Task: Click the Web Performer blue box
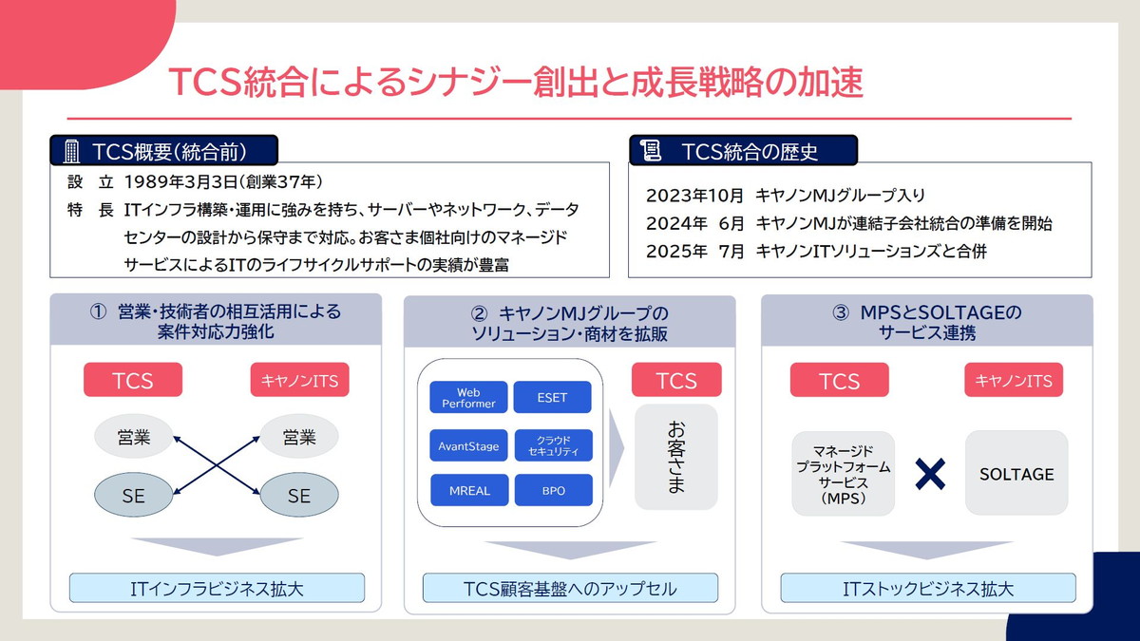[468, 398]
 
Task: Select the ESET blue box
[552, 398]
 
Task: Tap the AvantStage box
[468, 446]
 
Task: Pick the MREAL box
[468, 491]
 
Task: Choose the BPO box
[552, 491]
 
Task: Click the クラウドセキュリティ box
[552, 446]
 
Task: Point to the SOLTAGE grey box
[1016, 473]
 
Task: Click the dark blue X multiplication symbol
[930, 473]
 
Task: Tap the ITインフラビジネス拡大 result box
[217, 588]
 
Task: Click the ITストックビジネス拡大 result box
[928, 588]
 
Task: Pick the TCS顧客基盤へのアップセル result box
[570, 588]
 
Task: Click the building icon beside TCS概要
[71, 151]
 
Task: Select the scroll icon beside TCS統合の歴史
[652, 150]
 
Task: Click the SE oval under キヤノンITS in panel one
[298, 495]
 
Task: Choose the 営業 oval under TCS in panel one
[134, 437]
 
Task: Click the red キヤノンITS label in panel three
[1014, 380]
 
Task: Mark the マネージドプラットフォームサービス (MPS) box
[844, 473]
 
